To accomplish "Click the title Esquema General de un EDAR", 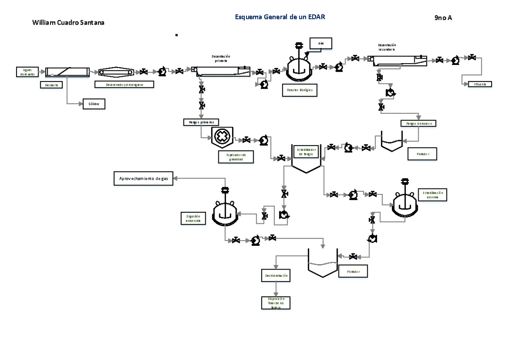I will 280,17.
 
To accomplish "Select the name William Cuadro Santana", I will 68,23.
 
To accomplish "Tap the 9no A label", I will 443,18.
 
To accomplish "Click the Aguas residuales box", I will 27,72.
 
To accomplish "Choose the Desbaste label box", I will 51,85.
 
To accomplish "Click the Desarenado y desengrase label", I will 124,84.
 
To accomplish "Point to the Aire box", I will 321,44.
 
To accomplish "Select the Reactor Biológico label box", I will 299,90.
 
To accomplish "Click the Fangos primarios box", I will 201,122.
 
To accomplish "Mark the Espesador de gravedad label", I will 235,157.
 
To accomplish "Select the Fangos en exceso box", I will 418,123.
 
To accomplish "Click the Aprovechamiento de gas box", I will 143,179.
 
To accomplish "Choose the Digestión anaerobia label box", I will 193,218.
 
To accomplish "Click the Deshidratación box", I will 276,276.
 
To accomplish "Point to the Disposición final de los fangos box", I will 276,303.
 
